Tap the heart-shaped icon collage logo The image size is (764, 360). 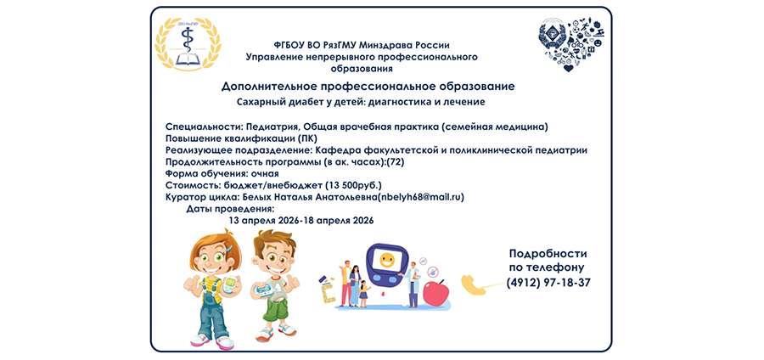[571, 42]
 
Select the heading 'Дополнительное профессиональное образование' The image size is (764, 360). [368, 87]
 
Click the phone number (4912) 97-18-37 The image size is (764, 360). [548, 282]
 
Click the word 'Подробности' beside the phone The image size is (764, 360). [548, 253]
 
